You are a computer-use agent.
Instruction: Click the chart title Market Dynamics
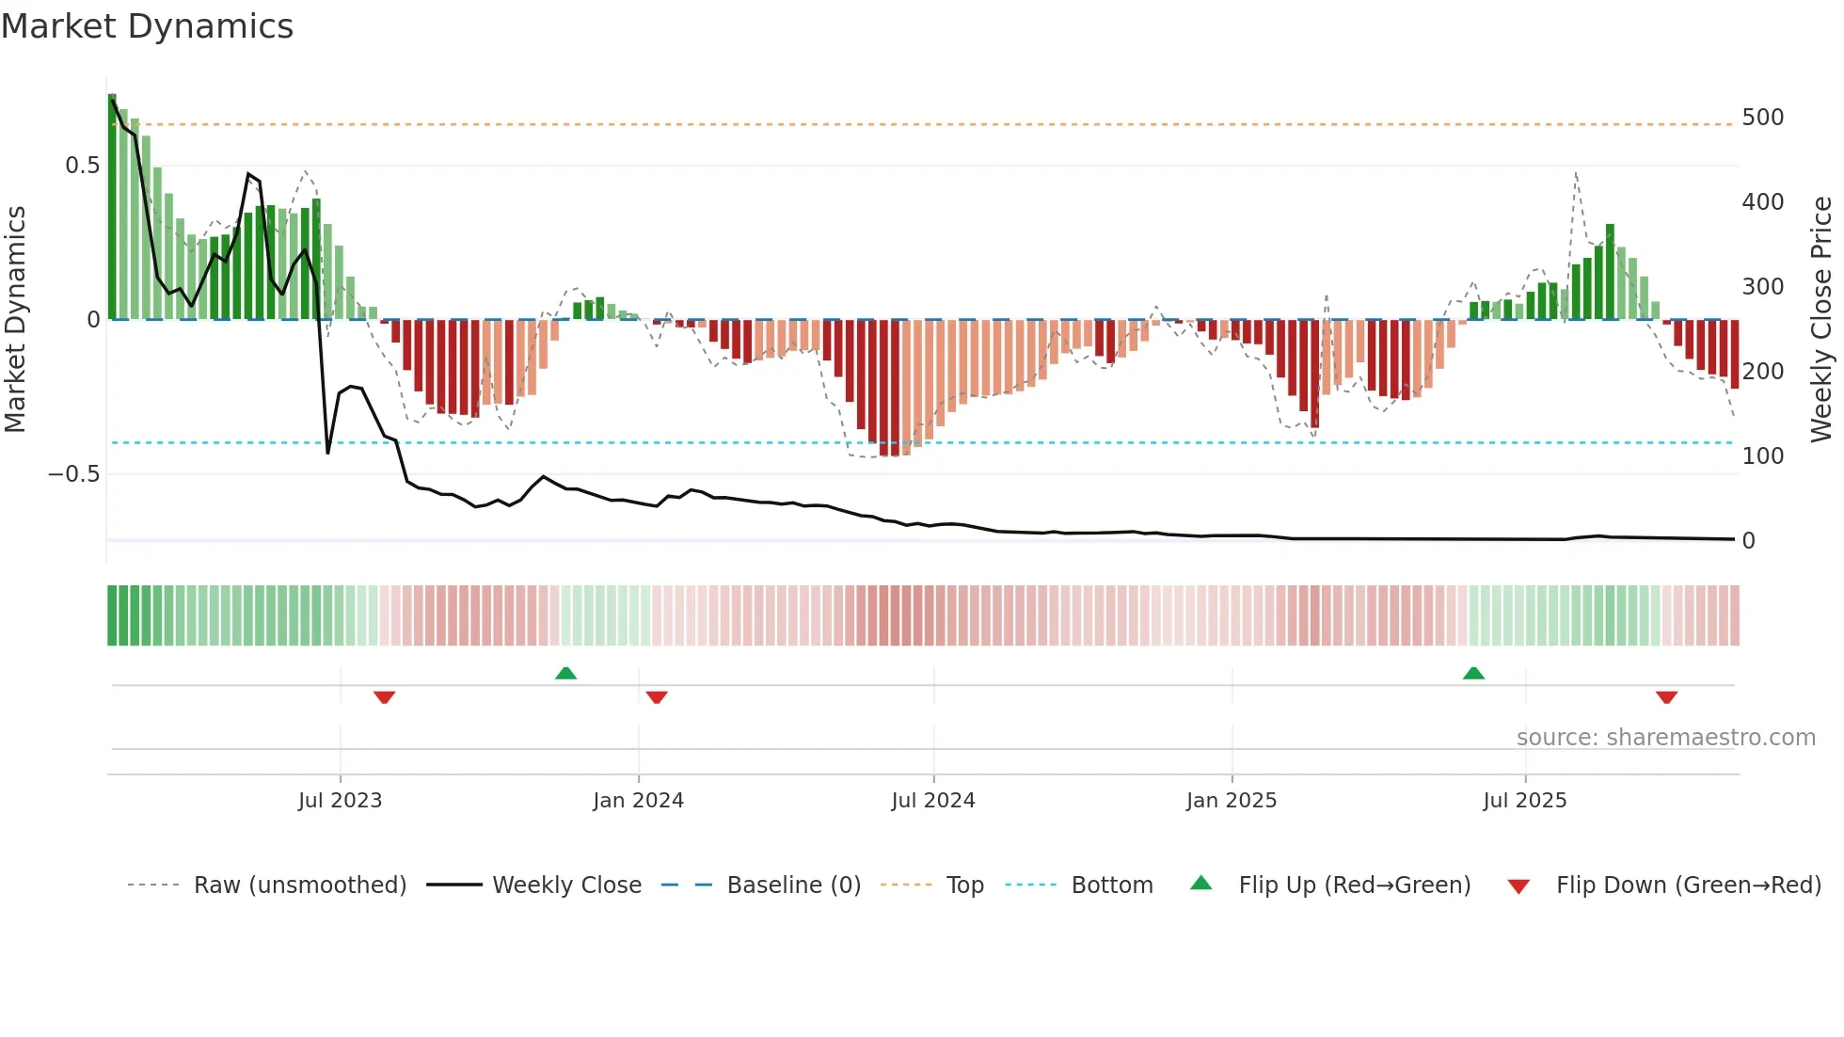click(148, 26)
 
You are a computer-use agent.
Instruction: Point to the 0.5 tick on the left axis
click(82, 166)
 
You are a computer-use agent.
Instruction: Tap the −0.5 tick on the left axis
click(73, 474)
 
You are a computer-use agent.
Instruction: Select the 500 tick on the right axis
click(1762, 118)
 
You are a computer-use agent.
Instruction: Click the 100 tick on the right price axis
click(1762, 456)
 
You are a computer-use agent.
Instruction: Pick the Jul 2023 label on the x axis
click(340, 801)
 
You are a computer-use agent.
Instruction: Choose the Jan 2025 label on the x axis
click(1231, 801)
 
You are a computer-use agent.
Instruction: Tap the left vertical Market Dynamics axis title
click(15, 320)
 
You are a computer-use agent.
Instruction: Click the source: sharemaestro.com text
click(1665, 738)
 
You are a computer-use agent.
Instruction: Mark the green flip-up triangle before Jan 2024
click(565, 674)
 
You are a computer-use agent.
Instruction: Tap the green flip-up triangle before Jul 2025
click(1473, 674)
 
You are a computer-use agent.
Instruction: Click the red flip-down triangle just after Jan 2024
click(657, 697)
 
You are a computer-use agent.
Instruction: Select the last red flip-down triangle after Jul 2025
click(1666, 697)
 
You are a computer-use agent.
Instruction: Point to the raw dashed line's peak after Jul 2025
click(1575, 173)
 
